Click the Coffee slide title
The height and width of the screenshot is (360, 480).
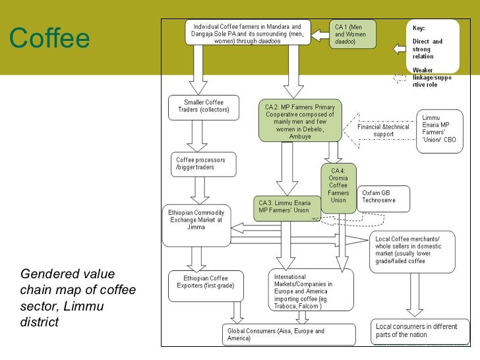(49, 39)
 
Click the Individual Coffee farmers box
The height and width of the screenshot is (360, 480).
(253, 31)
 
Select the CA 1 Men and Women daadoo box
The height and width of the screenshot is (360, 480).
(353, 33)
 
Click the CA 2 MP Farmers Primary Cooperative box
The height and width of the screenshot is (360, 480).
(299, 121)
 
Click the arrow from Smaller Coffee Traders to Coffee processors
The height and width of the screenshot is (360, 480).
(198, 135)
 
